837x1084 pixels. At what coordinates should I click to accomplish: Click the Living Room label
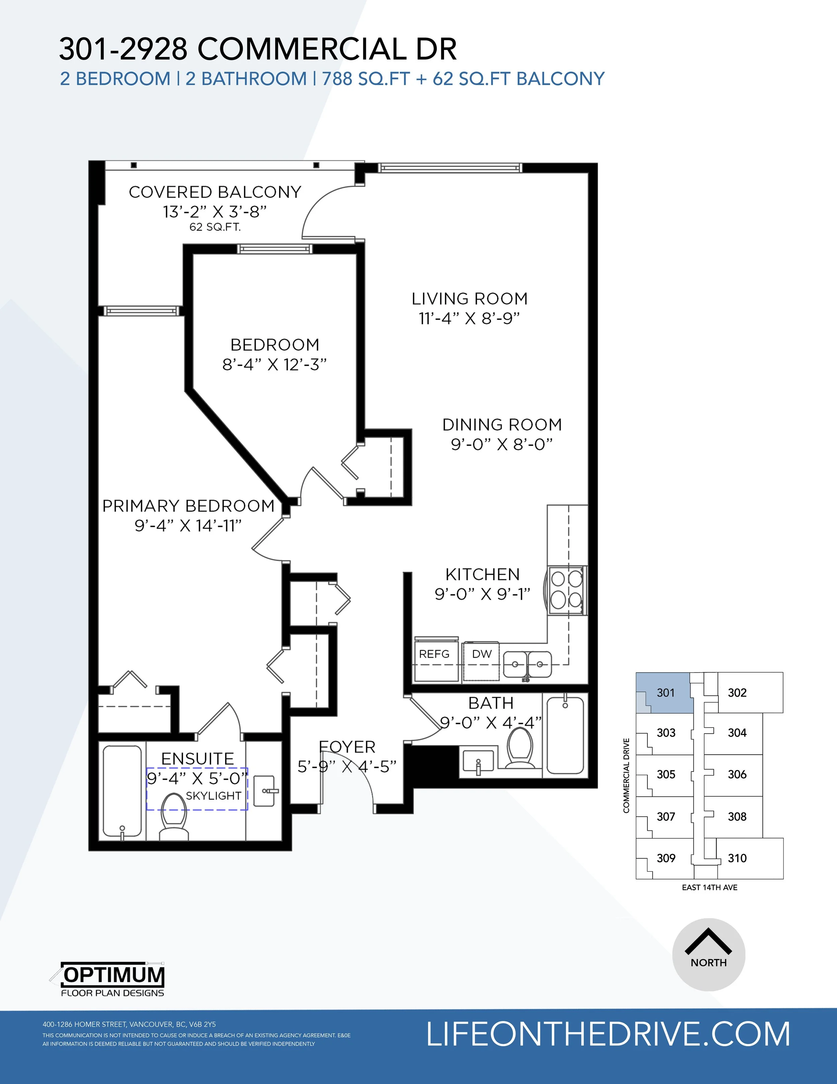click(469, 299)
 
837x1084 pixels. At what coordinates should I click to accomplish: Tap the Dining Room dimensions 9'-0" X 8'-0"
click(502, 444)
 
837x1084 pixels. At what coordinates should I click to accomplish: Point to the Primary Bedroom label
click(188, 506)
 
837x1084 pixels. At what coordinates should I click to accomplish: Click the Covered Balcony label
click(215, 192)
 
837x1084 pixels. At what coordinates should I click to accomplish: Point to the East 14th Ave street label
click(709, 887)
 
